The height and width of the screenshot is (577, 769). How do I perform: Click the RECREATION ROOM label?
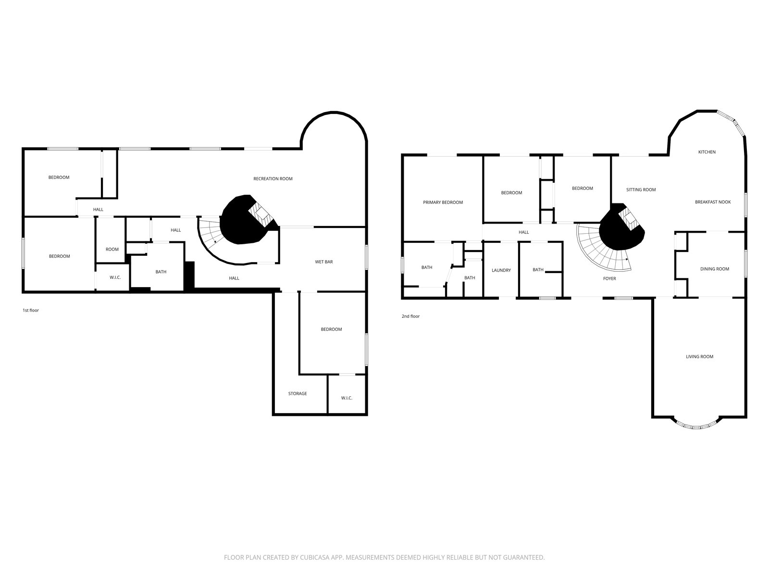[273, 179]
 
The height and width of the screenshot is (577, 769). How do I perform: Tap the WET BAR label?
[324, 262]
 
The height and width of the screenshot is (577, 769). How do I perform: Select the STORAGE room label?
[298, 393]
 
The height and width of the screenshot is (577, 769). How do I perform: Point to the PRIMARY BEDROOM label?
[443, 202]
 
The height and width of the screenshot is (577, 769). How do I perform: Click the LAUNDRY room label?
[501, 270]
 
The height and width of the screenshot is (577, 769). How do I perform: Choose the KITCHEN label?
[707, 152]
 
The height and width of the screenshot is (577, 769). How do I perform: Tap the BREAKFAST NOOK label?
[713, 202]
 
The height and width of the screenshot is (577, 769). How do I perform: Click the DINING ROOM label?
[714, 269]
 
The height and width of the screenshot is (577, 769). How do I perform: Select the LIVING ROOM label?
[699, 357]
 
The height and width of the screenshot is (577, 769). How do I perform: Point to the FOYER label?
[609, 278]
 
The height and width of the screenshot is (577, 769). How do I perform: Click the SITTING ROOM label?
[641, 189]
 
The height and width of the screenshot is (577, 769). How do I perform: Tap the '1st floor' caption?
[31, 310]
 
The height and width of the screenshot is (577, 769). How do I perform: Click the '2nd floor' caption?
[410, 316]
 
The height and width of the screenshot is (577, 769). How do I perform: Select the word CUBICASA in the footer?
[315, 557]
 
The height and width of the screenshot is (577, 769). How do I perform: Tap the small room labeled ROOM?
[112, 250]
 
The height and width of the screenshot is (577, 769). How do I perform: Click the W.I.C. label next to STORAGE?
[347, 398]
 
